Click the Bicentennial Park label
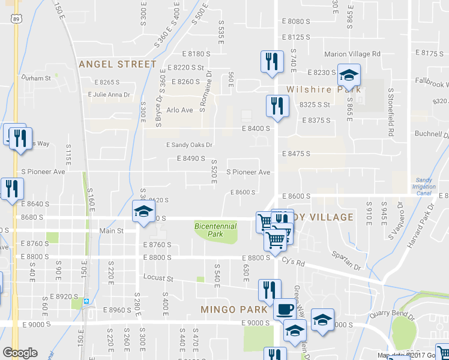pyautogui.click(x=215, y=230)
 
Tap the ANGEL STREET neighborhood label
pyautogui.click(x=118, y=64)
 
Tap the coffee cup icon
pyautogui.click(x=285, y=310)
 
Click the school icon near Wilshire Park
pyautogui.click(x=349, y=76)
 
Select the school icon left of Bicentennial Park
pyautogui.click(x=143, y=212)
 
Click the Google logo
pyautogui.click(x=20, y=353)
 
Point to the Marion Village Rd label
pyautogui.click(x=352, y=54)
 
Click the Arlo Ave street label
pyautogui.click(x=179, y=110)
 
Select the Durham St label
pyautogui.click(x=36, y=78)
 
